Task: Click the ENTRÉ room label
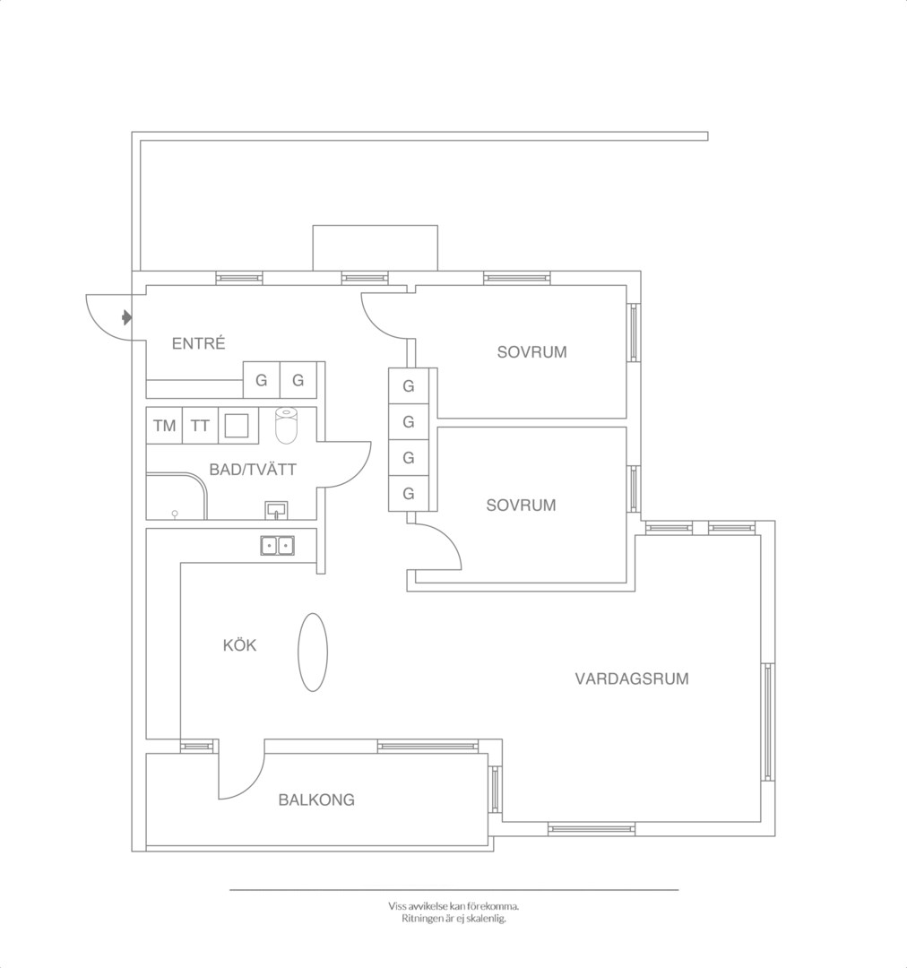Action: pos(198,343)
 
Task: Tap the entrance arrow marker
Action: pos(126,318)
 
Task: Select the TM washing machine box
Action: pos(164,426)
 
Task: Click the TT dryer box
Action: pos(200,426)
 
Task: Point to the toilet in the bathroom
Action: pos(286,425)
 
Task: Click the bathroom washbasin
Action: pos(276,510)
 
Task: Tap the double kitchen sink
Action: pos(277,546)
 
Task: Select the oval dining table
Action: pos(313,652)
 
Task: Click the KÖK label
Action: pos(239,645)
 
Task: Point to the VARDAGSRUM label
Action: pos(632,678)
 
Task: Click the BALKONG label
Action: pos(316,799)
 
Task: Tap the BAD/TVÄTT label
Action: pos(253,469)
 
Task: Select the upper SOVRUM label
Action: pos(531,352)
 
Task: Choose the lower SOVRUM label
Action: pos(521,505)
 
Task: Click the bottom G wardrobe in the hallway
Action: pos(408,493)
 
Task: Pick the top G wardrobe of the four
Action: pos(408,385)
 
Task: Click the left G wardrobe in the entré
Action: pos(261,380)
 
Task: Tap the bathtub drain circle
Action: pos(175,513)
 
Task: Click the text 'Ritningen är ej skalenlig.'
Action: pos(453,918)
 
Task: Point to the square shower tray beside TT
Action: pos(238,426)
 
